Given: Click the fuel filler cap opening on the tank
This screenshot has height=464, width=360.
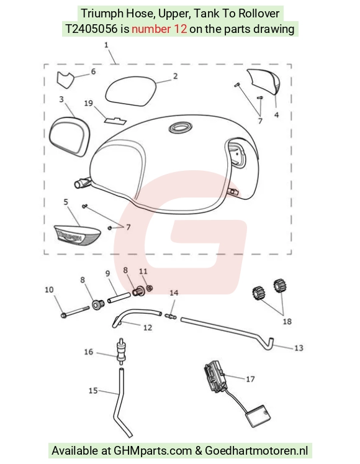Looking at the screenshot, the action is coord(180,128).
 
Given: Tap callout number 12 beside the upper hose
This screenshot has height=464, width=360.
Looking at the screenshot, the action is coord(148,327).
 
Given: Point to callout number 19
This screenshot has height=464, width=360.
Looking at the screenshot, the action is coord(88,103).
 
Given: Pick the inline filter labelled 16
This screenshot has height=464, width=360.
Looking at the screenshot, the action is coord(120,352).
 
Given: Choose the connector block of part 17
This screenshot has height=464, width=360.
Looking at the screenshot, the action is coord(215,376).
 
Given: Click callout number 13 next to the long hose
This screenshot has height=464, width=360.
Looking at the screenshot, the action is coord(299,348).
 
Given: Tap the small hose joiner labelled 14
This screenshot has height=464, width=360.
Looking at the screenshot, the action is coord(171,317).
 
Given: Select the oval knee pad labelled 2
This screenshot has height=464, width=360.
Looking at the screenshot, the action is coord(130,90).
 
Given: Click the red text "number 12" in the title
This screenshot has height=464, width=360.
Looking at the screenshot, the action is coord(159,29).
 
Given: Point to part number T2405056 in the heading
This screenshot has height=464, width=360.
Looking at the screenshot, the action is coord(91,29).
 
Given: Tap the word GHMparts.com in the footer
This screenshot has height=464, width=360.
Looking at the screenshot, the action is coord(153,451).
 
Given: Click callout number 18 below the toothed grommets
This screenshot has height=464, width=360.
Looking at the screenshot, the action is coord(287,321).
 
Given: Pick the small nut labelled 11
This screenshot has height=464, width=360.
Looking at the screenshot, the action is coord(150,288).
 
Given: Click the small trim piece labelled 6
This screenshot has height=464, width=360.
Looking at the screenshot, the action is coord(65,80).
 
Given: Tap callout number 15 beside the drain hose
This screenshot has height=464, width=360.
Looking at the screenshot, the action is coord(93,391).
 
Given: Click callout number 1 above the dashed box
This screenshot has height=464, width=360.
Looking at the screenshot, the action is coord(106,45).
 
